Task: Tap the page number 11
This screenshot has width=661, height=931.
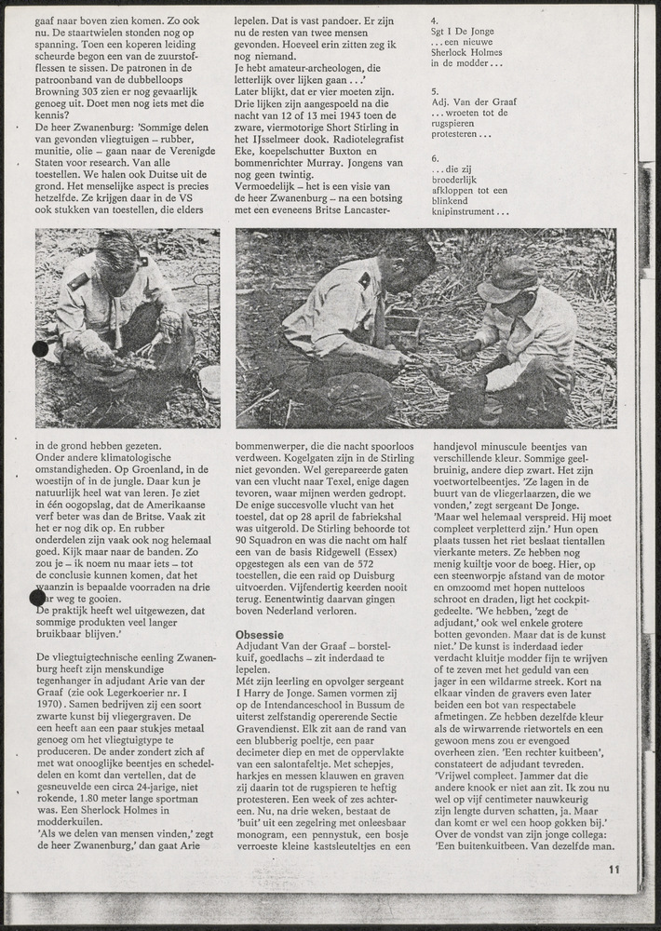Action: [x=614, y=870]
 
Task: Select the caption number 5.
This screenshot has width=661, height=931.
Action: [x=435, y=92]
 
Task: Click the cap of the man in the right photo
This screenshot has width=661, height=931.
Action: [x=506, y=277]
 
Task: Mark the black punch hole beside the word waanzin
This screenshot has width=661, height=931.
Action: [x=38, y=597]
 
